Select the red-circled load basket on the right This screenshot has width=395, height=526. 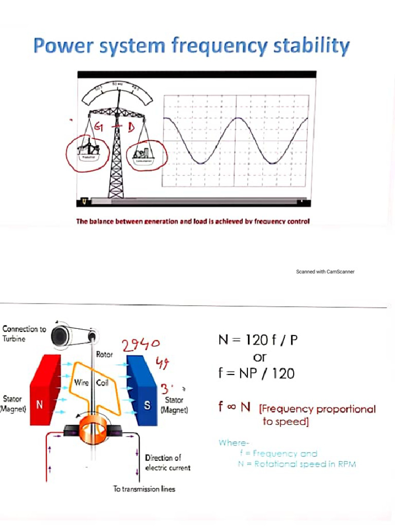tap(142, 153)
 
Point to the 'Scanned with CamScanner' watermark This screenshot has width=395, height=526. tap(325, 271)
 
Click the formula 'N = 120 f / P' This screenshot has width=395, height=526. tap(258, 340)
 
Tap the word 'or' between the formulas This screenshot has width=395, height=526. tap(260, 356)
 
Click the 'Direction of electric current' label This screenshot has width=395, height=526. tap(167, 462)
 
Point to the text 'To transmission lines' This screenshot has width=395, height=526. tap(144, 489)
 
